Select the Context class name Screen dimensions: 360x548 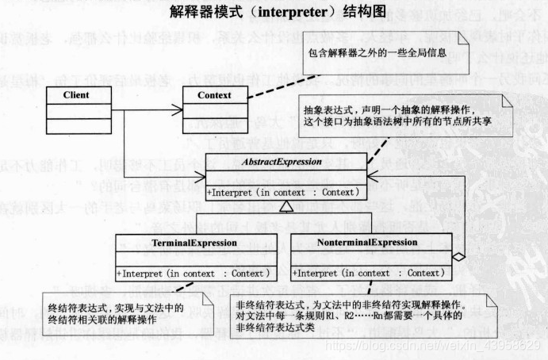213,96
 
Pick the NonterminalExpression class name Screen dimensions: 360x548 360,242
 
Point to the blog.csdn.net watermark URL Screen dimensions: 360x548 429,346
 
